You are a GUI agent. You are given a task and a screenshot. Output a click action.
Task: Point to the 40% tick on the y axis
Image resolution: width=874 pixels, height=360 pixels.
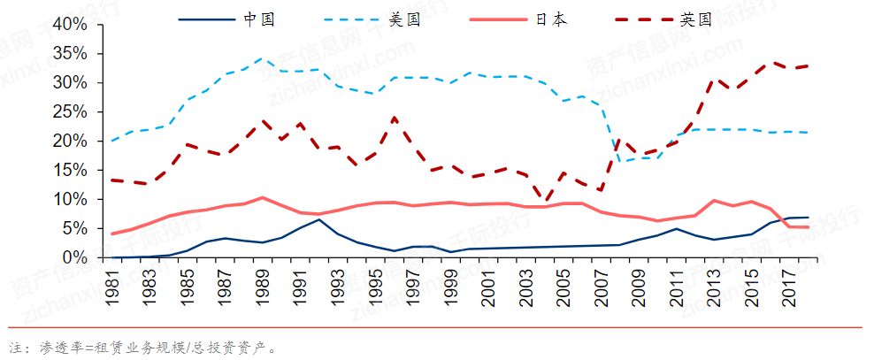click(70, 25)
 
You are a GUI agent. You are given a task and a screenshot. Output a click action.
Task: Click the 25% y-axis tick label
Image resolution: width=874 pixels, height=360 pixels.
click(70, 112)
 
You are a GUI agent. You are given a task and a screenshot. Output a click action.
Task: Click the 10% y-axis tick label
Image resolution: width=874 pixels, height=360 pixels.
click(70, 200)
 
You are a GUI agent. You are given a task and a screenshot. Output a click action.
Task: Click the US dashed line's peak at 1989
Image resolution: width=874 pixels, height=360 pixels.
click(261, 59)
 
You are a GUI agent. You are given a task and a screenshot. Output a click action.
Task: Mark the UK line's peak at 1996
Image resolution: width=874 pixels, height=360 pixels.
click(394, 117)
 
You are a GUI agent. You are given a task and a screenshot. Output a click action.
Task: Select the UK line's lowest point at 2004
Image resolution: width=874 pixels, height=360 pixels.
click(547, 202)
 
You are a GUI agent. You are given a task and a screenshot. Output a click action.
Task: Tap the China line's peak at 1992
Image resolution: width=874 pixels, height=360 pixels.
click(319, 219)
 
